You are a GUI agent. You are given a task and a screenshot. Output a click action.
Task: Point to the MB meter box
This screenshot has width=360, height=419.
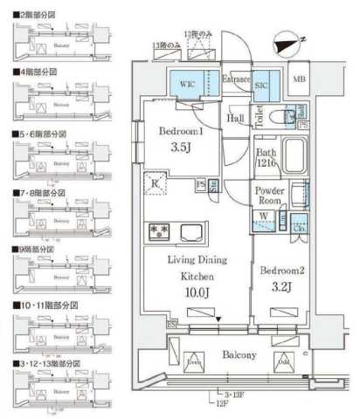click(x=299, y=80)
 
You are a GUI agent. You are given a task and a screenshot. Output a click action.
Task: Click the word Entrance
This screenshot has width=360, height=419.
click(x=235, y=79)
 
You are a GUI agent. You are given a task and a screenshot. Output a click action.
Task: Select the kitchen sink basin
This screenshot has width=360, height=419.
click(x=191, y=232)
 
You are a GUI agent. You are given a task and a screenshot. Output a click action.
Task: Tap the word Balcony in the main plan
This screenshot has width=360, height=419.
click(x=237, y=355)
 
